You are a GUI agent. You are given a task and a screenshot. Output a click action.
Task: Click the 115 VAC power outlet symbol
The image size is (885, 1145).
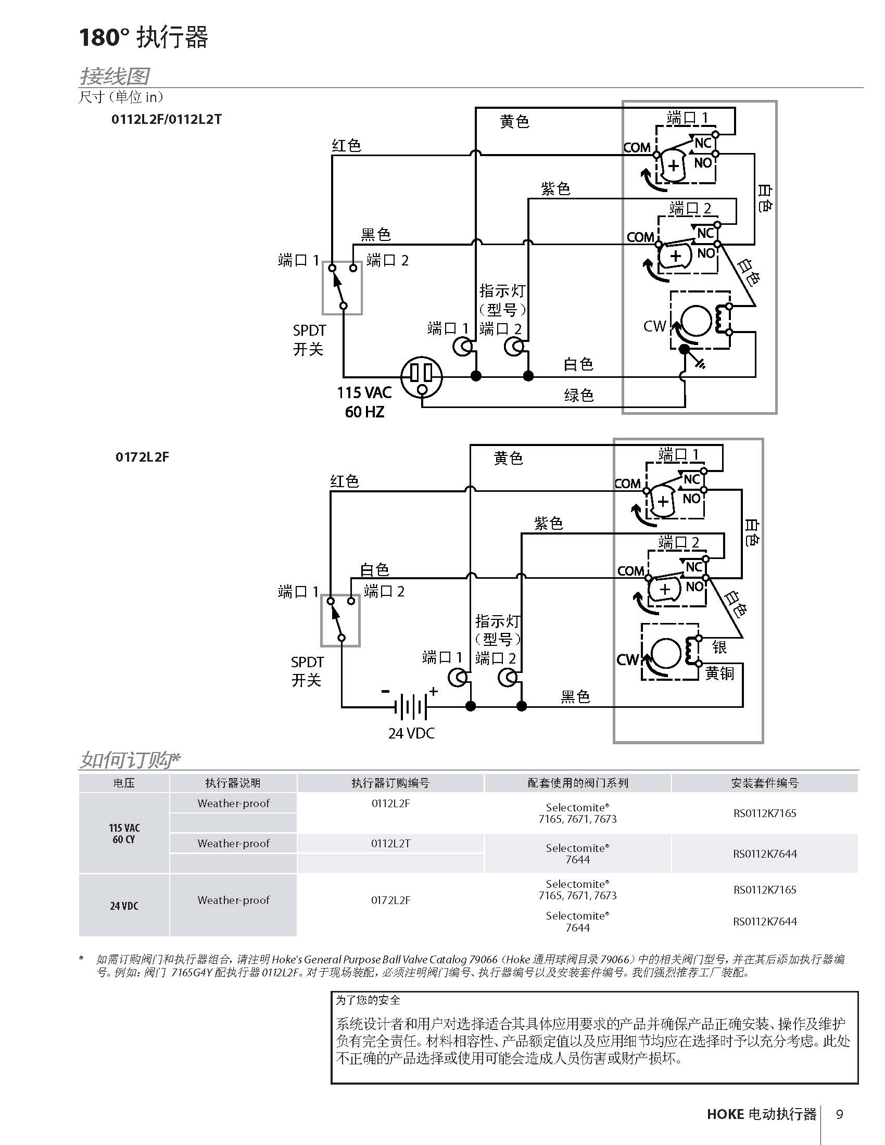[422, 376]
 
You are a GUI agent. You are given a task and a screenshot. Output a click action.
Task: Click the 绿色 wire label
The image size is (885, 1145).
[579, 395]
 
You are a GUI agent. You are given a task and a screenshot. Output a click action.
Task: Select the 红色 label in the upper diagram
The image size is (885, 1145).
[346, 145]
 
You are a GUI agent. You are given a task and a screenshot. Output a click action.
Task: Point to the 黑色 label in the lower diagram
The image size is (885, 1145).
[576, 696]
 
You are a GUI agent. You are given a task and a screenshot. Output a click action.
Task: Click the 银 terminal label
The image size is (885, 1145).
[719, 647]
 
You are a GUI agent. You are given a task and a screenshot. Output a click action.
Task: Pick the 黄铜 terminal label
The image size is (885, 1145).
[719, 672]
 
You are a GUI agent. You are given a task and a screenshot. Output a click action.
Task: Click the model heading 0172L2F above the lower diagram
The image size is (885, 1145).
[142, 456]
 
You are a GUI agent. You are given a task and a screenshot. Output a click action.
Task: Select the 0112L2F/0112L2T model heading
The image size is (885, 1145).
[166, 119]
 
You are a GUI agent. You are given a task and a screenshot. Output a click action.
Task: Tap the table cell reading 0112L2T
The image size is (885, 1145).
[390, 843]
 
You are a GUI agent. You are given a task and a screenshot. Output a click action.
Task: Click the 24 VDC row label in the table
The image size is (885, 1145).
[124, 906]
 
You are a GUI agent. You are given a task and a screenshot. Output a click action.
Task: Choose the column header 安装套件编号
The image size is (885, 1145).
[765, 783]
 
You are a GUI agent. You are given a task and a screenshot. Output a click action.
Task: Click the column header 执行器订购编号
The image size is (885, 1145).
[390, 783]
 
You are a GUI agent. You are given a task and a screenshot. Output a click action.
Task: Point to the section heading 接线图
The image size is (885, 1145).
[115, 76]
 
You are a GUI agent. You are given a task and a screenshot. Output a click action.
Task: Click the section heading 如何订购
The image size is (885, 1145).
[130, 759]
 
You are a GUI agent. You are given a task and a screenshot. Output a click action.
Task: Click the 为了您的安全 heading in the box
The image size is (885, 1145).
[368, 1000]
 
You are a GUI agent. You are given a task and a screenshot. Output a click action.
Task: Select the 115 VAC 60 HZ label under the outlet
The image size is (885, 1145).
[364, 402]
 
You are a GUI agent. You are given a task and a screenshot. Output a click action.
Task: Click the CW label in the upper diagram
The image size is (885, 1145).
[654, 326]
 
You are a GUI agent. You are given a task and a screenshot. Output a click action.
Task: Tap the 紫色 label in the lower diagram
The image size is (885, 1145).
[548, 523]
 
